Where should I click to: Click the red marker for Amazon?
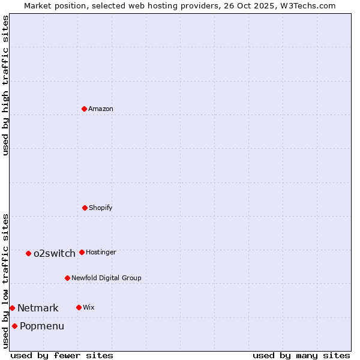[85, 109]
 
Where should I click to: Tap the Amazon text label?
[101, 109]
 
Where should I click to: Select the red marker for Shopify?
[85, 208]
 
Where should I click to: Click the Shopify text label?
[101, 208]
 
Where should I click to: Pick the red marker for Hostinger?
[82, 252]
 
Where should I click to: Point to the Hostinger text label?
[101, 253]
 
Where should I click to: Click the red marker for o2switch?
[28, 253]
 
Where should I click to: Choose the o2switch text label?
[55, 254]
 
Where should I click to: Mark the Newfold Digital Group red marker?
[67, 278]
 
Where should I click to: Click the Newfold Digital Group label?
[106, 278]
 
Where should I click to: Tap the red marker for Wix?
[79, 307]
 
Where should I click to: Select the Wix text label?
[89, 308]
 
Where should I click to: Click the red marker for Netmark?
[12, 308]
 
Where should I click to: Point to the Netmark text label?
[38, 308]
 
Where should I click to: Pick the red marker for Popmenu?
[14, 326]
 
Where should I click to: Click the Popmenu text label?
[42, 326]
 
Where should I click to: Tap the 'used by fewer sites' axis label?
[62, 355]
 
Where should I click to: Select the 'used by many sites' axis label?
[301, 355]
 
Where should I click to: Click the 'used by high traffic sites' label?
[5, 85]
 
